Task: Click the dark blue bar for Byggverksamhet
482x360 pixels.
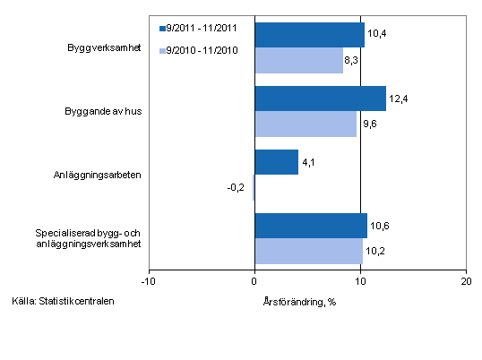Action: pos(309,35)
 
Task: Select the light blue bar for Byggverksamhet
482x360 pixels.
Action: pos(298,60)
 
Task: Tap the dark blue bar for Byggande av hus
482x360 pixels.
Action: pos(320,99)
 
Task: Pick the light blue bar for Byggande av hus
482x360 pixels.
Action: pos(306,124)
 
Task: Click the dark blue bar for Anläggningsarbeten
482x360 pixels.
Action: pos(276,162)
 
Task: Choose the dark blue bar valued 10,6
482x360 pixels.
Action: pos(311,226)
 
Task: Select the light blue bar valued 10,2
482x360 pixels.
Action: pos(308,251)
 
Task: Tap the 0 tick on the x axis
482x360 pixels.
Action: pos(254,281)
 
